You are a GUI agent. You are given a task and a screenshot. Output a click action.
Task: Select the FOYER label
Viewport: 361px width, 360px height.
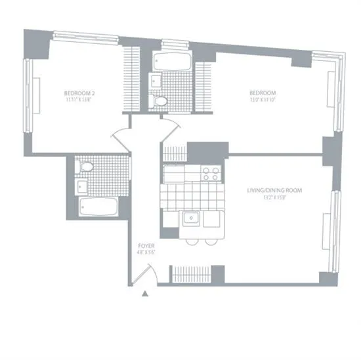pos(146,245)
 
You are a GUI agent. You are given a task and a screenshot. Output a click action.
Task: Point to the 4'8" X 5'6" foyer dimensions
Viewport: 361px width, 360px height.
pos(146,252)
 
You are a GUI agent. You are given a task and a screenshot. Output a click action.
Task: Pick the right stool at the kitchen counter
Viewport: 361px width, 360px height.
pos(210,241)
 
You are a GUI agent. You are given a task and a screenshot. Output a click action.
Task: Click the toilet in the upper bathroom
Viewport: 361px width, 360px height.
pos(159,102)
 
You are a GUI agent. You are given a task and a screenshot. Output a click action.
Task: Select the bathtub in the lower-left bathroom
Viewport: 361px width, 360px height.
pos(98,208)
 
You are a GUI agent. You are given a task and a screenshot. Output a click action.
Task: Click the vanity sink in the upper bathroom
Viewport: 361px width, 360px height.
pos(156,81)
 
